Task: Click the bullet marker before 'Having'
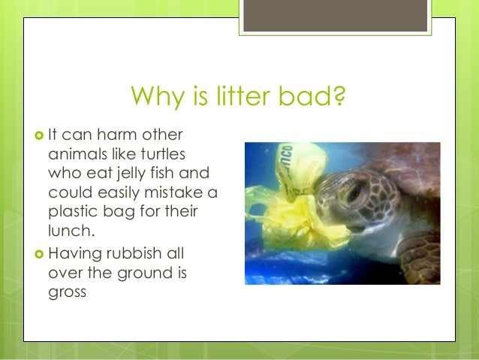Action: pos(39,253)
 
